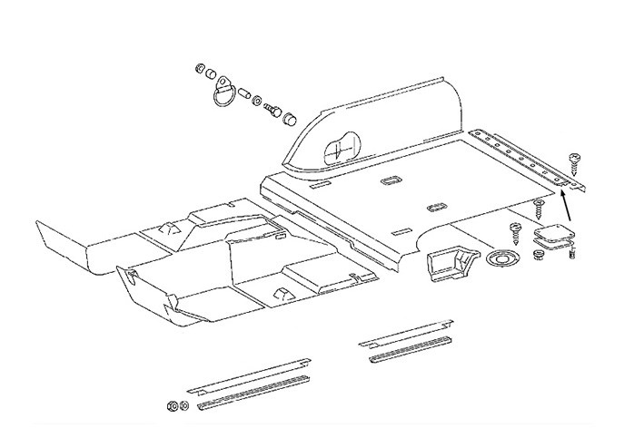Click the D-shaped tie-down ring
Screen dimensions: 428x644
[224, 96]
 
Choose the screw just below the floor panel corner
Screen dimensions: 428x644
[538, 207]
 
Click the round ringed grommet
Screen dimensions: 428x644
[500, 260]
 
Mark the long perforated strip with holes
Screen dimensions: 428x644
[531, 160]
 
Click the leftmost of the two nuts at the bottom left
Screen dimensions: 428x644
[172, 404]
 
